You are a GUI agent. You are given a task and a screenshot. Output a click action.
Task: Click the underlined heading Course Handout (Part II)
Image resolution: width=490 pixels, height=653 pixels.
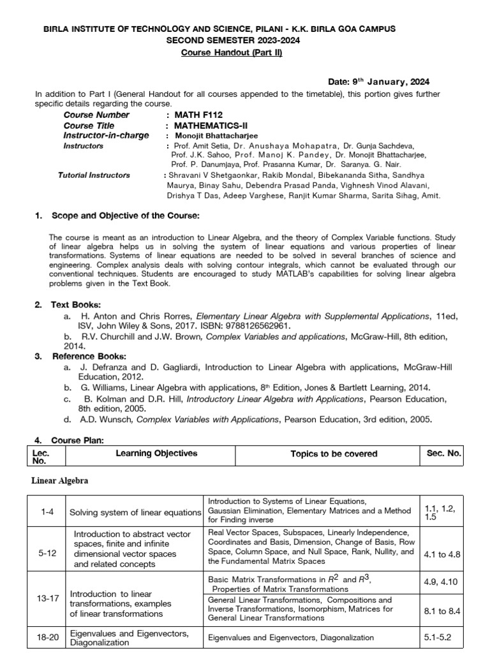tap(231, 52)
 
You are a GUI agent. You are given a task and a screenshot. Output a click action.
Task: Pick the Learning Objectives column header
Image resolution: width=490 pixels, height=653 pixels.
tap(156, 453)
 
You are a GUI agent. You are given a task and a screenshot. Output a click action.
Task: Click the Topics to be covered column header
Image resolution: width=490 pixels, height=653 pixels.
tap(334, 454)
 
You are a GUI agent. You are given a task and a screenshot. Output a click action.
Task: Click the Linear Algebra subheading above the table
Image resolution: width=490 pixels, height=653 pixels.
tap(60, 480)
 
